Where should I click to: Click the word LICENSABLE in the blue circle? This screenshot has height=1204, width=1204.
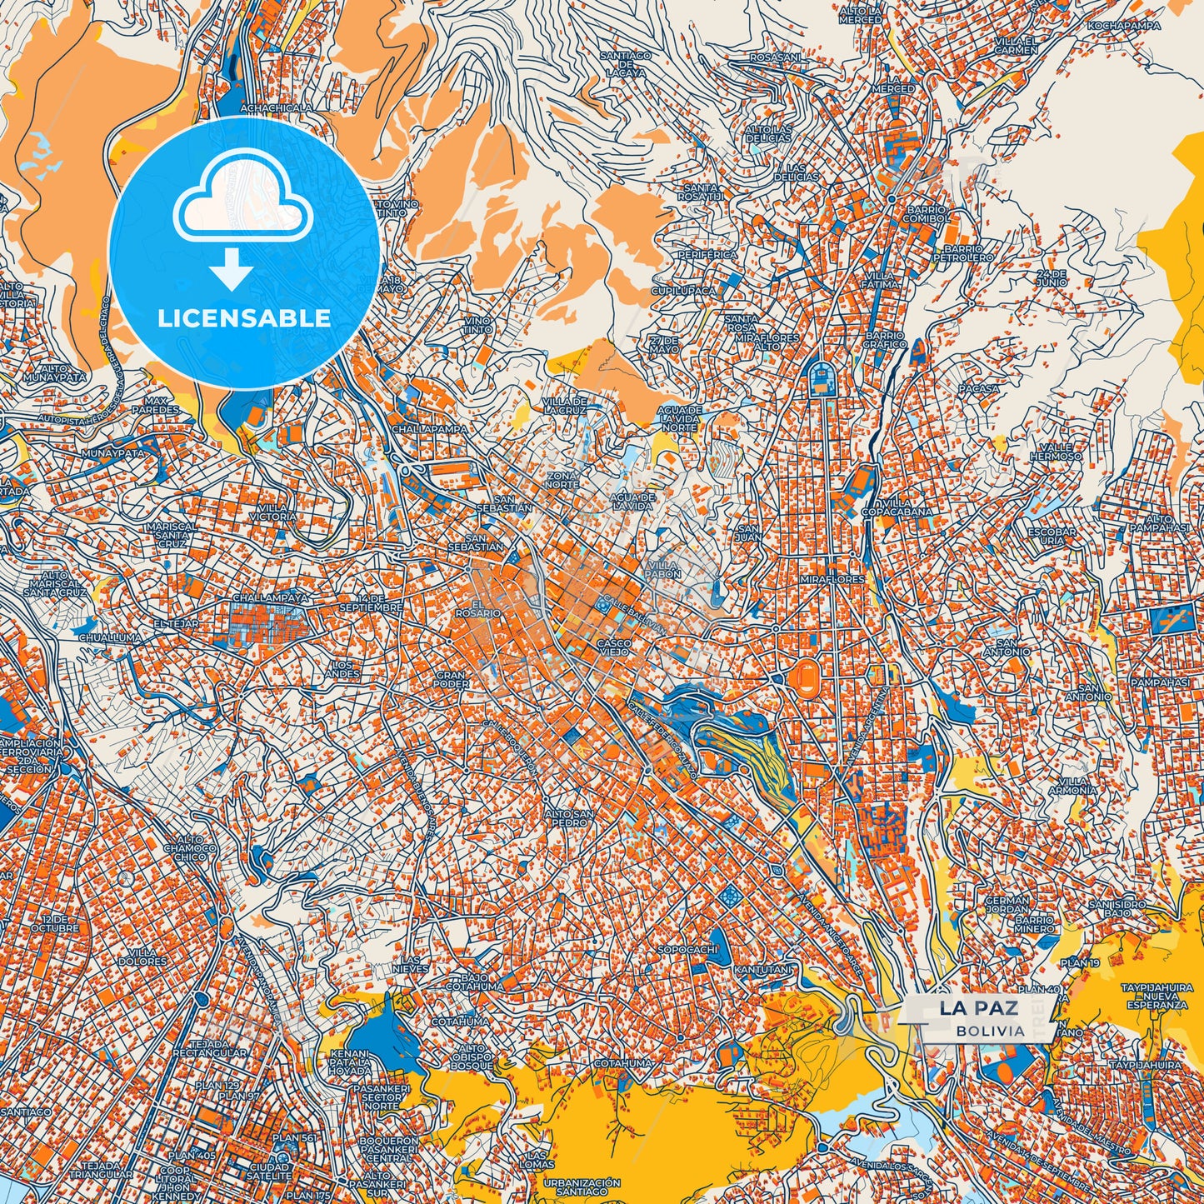[245, 318]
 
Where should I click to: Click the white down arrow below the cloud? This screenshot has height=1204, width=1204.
[232, 268]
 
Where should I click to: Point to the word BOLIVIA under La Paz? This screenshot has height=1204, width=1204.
[991, 1032]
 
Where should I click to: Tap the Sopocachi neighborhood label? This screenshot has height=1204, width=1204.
[687, 950]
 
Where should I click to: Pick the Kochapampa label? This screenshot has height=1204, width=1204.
[1124, 26]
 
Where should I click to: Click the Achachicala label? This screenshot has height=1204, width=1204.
[276, 108]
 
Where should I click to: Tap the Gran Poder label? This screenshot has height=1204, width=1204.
[451, 680]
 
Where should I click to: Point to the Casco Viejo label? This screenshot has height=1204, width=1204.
[612, 647]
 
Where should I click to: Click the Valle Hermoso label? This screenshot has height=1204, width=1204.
[1057, 452]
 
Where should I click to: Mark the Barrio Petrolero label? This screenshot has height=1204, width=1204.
[968, 253]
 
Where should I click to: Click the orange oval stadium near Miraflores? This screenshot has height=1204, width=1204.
[805, 673]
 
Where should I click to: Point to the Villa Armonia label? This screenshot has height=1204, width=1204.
[1072, 786]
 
